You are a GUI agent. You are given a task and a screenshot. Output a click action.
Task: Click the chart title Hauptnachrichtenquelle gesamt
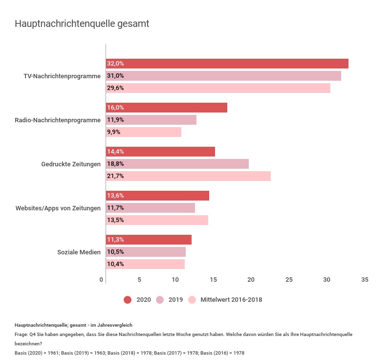[82, 23]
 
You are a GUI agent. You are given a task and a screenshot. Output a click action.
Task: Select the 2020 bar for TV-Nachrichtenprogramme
[227, 64]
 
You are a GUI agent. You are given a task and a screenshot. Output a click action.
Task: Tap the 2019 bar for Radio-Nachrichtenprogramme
[151, 120]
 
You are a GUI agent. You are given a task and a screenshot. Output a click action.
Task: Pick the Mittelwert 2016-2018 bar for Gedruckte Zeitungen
[188, 176]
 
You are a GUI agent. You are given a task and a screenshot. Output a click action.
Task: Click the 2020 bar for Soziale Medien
[149, 240]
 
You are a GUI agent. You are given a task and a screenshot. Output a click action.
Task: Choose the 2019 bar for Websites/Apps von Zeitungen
[151, 208]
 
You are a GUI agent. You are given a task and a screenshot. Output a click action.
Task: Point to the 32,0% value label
[115, 64]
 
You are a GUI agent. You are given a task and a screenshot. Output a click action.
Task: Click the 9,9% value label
[113, 132]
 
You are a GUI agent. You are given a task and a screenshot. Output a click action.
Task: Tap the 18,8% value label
[115, 164]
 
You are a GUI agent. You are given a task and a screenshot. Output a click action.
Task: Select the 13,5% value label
[115, 220]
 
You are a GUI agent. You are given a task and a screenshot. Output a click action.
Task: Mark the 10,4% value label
[115, 264]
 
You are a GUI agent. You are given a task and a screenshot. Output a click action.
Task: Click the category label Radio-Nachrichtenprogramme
[58, 120]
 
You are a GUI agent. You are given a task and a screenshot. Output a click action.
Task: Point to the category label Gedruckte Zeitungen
[71, 164]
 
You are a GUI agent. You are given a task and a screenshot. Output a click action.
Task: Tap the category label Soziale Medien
[79, 252]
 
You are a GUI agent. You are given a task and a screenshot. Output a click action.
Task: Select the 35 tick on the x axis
[365, 280]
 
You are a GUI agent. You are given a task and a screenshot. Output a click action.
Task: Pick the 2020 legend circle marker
[128, 300]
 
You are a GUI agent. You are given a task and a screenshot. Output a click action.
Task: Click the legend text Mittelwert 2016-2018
[231, 300]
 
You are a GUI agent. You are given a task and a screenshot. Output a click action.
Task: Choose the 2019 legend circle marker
[160, 300]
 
